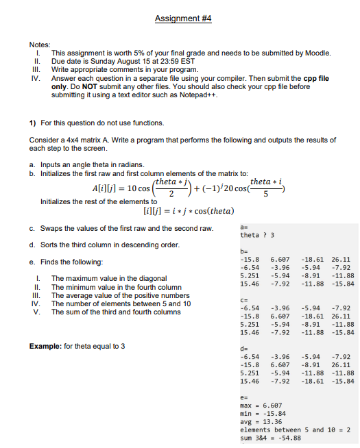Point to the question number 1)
[33, 123]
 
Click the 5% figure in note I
[134, 53]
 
